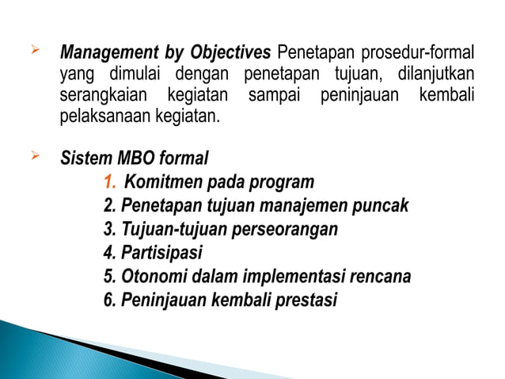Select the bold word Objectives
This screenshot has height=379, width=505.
[230, 53]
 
